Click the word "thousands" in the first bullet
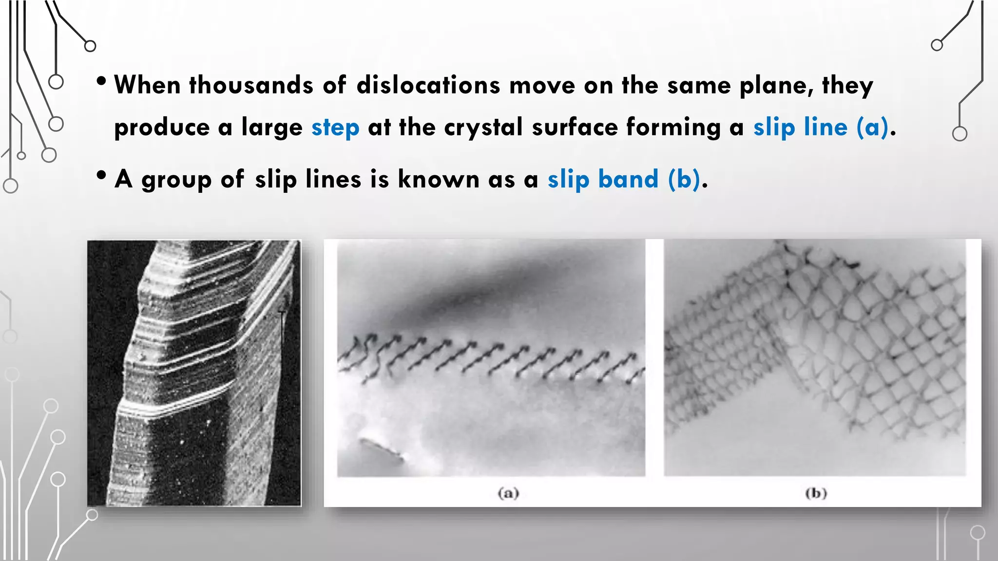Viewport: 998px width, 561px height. (250, 85)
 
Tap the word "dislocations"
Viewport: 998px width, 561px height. (428, 85)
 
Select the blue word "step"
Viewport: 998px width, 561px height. (335, 128)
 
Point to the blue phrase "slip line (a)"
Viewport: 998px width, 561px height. (821, 128)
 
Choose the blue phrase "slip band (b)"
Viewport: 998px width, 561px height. (624, 179)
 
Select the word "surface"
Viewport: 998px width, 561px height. (575, 128)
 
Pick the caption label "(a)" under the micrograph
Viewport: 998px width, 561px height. (508, 493)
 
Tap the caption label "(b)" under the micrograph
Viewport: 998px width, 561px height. (816, 493)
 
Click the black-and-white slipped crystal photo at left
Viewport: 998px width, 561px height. (194, 373)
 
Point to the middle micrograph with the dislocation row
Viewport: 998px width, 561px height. (491, 357)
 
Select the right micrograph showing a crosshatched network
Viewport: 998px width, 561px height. (814, 357)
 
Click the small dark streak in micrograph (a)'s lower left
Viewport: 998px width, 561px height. (381, 449)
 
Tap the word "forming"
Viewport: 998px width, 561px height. (673, 128)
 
